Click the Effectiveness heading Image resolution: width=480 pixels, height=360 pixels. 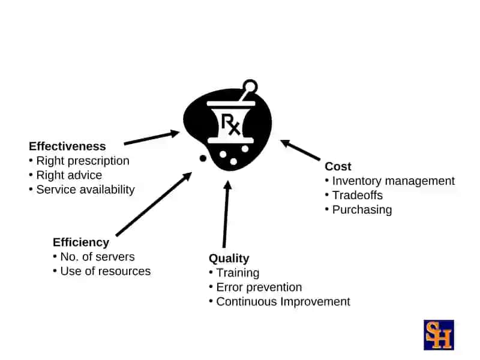tap(67, 146)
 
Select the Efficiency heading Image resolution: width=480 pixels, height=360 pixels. tap(81, 242)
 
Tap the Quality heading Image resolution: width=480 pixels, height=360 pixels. tap(229, 259)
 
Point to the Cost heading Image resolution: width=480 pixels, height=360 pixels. tap(338, 167)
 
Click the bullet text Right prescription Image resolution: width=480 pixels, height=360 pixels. tap(83, 161)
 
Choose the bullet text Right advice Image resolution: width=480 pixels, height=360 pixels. tap(69, 175)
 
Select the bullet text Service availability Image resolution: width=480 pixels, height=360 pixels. tap(85, 190)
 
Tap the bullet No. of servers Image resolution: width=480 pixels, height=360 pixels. tap(97, 257)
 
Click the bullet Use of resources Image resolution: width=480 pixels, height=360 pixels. tap(106, 271)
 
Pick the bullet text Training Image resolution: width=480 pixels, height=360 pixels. tap(238, 273)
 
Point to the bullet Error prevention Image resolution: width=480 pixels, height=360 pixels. tap(259, 287)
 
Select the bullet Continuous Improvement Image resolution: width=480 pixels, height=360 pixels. tap(283, 302)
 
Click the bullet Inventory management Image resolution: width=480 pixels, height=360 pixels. tap(394, 181)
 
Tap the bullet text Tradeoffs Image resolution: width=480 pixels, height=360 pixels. tap(358, 196)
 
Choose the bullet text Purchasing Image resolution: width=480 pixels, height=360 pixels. tap(362, 210)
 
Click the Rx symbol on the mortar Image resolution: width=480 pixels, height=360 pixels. tap(230, 124)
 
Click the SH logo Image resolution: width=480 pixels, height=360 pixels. tap(439, 335)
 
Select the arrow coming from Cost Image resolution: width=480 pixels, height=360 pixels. tap(301, 150)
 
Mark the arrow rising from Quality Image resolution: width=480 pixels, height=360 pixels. tap(226, 214)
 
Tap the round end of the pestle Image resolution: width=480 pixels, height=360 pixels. tap(250, 86)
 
